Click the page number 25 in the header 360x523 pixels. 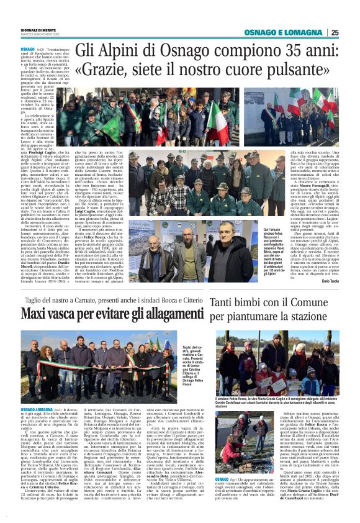tap(335, 32)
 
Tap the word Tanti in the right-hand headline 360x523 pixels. tap(226, 304)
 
